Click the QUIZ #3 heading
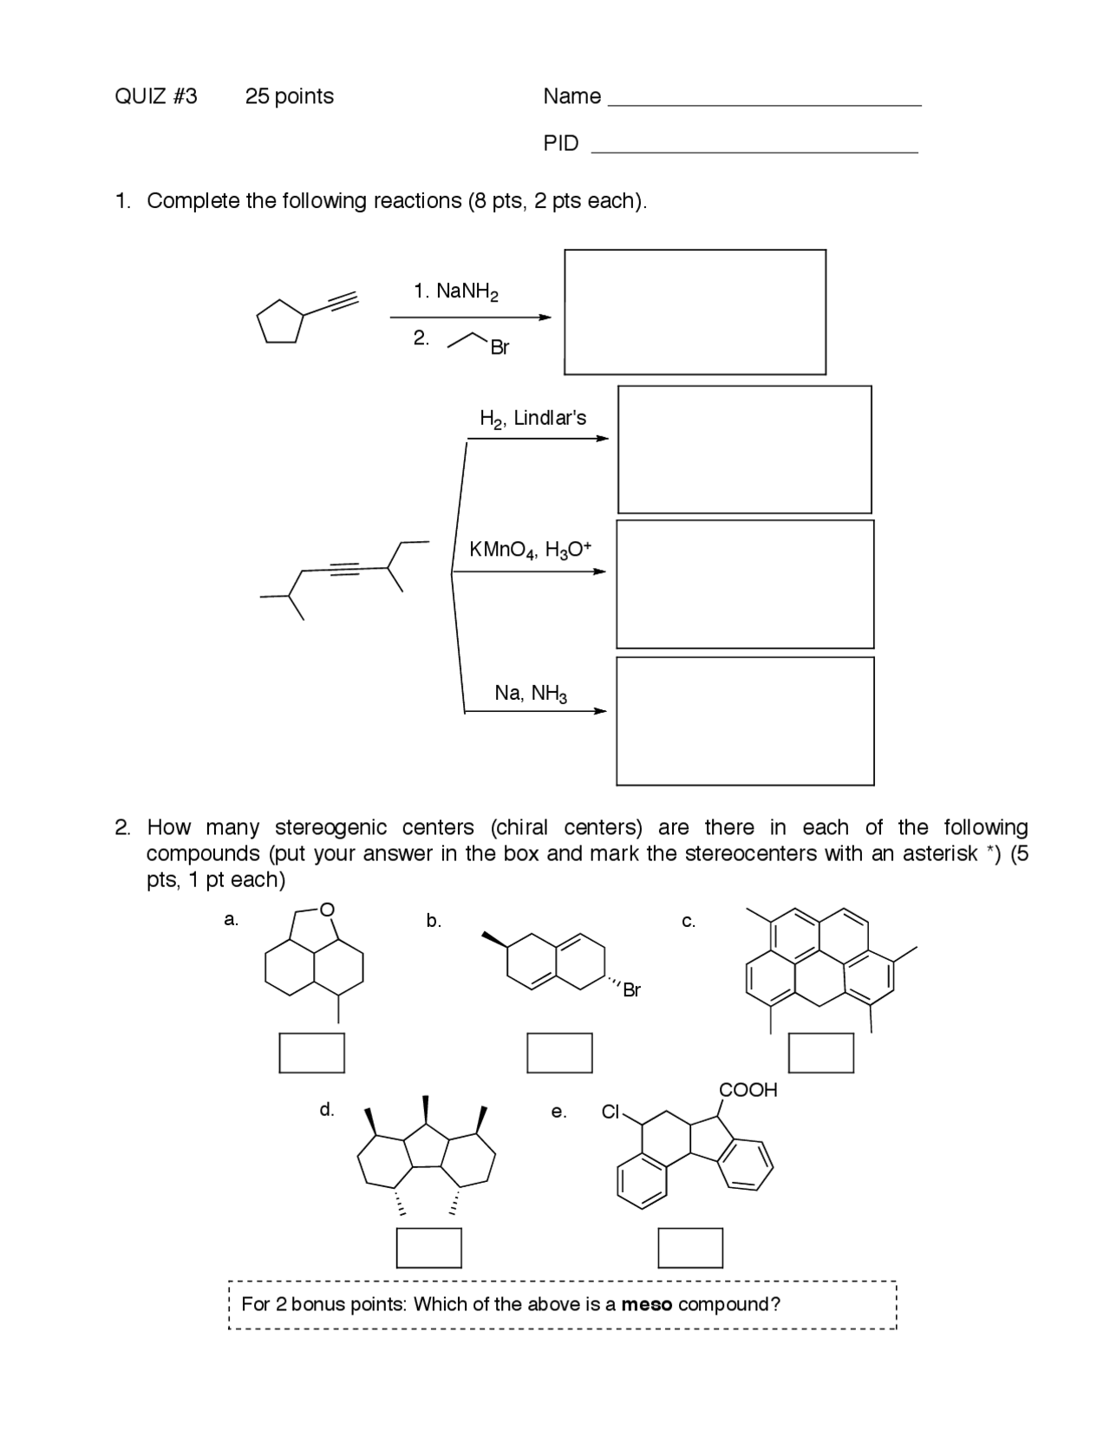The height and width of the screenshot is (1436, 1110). [x=156, y=96]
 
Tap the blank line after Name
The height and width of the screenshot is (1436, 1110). [x=764, y=103]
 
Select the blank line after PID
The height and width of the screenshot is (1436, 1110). [x=754, y=150]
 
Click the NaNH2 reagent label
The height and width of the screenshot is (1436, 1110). [x=456, y=291]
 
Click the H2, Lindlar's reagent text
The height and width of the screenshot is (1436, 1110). [x=532, y=419]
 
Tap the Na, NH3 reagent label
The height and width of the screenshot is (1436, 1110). [x=531, y=693]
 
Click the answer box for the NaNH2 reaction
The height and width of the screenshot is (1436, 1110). [x=695, y=312]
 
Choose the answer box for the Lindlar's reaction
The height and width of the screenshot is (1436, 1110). [x=744, y=449]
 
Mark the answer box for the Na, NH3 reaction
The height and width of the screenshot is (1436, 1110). [x=745, y=721]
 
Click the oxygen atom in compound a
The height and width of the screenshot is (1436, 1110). [x=326, y=910]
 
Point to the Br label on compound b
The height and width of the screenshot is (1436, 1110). [x=631, y=990]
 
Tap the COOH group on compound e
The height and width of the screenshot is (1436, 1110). [x=748, y=1090]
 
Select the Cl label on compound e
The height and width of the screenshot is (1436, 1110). [x=610, y=1112]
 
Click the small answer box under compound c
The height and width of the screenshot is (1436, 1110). [x=820, y=1053]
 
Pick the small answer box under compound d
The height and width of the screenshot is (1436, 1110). [x=428, y=1248]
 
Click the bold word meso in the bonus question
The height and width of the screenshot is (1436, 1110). [x=646, y=1304]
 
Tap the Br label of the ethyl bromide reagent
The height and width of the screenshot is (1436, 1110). [x=499, y=348]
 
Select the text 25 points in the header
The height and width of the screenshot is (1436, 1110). [x=290, y=96]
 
